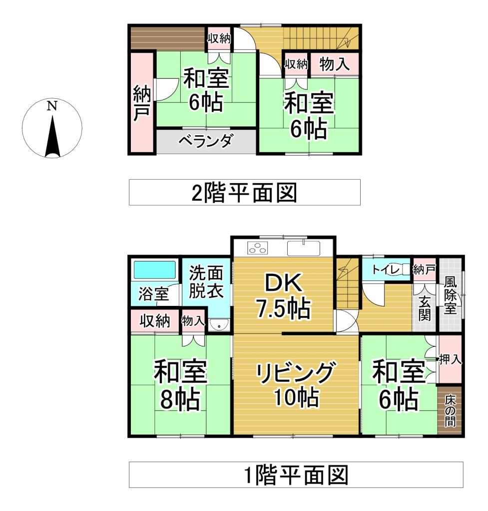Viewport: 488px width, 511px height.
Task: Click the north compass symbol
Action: [x=52, y=128]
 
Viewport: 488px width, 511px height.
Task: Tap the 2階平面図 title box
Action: [x=245, y=192]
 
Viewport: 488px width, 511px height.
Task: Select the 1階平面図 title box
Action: [x=296, y=475]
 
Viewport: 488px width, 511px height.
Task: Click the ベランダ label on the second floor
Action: [x=205, y=142]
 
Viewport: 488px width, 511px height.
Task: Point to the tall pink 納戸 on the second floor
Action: [x=141, y=102]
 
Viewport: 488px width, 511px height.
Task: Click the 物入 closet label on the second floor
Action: [x=334, y=64]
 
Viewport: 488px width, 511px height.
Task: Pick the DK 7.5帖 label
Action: [x=283, y=296]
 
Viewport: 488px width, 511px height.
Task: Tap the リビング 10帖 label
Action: [x=296, y=385]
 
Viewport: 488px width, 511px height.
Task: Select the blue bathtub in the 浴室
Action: [x=155, y=270]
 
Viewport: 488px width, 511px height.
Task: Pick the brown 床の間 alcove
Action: [x=450, y=410]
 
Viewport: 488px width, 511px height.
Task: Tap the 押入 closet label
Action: [x=451, y=359]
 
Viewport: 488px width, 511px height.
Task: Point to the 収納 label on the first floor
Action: [x=155, y=321]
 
